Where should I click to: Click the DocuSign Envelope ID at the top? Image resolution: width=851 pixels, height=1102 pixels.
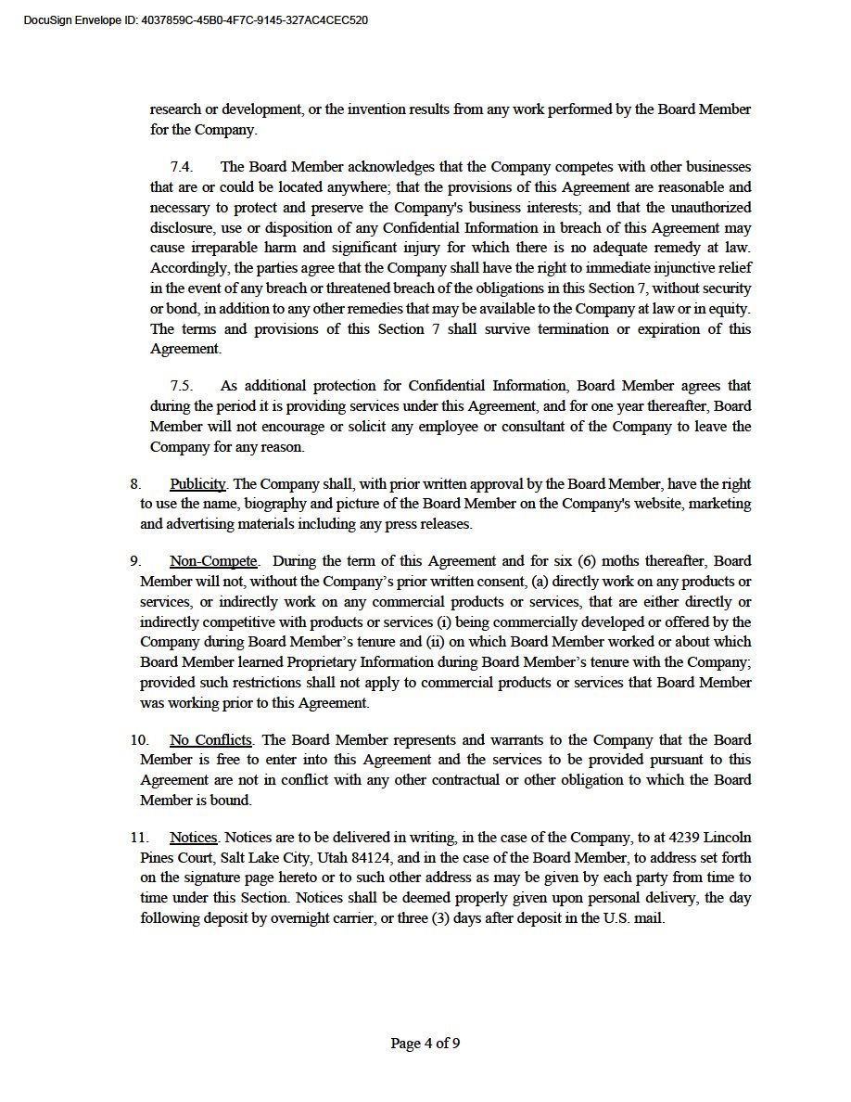pos(196,19)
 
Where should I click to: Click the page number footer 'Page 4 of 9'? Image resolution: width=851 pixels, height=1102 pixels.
pos(425,1044)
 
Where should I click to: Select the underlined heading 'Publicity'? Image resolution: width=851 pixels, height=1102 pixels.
pos(197,484)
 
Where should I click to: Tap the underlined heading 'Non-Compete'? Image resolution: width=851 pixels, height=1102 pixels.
pos(213,561)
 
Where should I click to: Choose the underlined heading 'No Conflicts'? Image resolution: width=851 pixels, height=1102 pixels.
pos(210,740)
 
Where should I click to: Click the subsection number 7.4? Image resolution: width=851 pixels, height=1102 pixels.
pos(182,167)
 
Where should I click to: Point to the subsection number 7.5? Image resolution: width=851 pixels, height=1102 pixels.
pos(182,386)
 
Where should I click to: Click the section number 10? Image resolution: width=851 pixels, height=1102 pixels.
pos(138,740)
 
